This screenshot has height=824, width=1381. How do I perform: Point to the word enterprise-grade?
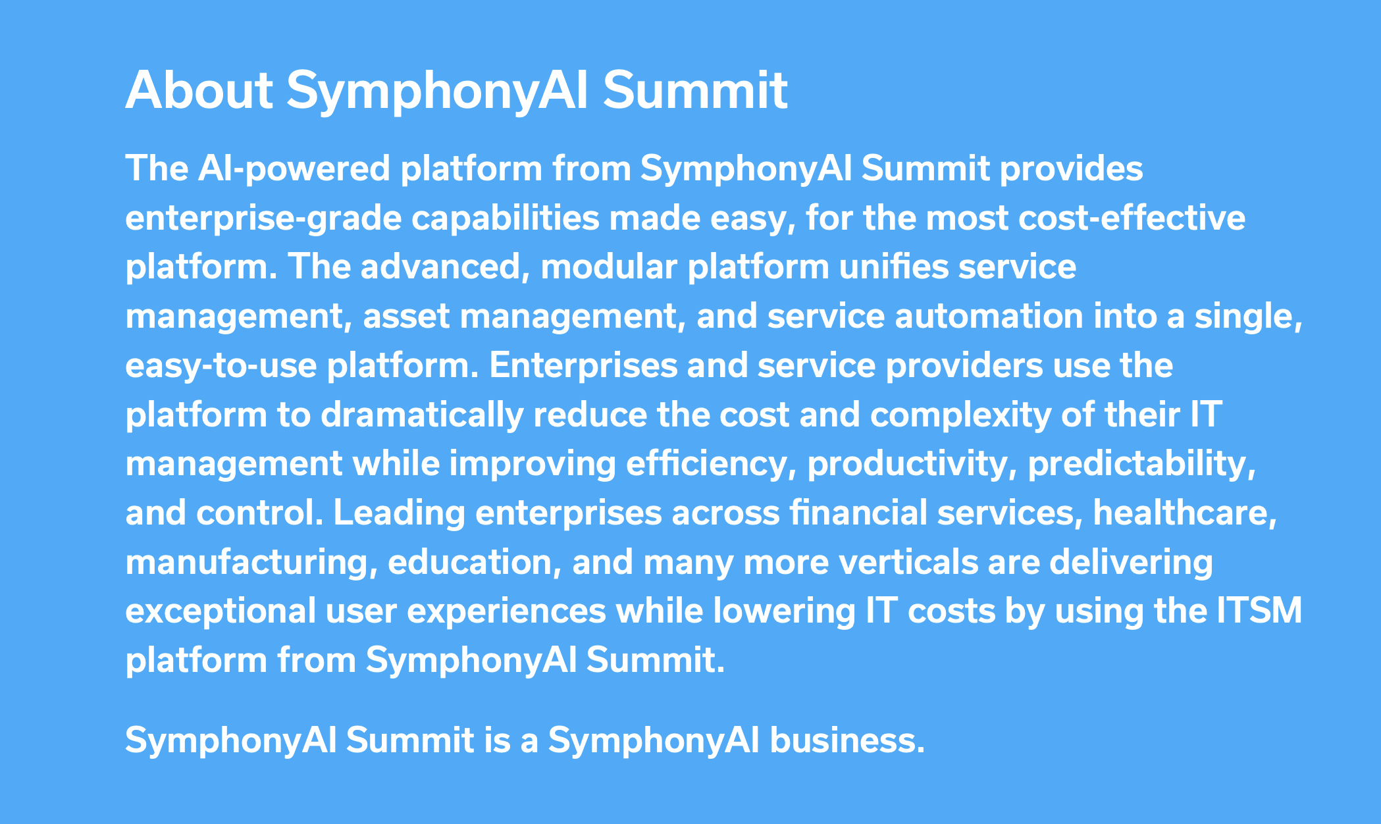(x=263, y=219)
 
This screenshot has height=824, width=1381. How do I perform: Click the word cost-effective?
(x=1132, y=218)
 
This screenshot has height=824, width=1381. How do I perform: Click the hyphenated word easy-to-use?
(x=221, y=366)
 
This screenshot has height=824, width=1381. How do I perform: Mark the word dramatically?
(x=422, y=415)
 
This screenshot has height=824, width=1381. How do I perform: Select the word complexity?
(x=960, y=415)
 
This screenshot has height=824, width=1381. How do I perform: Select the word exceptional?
(x=221, y=611)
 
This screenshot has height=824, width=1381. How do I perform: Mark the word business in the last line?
(x=848, y=741)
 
